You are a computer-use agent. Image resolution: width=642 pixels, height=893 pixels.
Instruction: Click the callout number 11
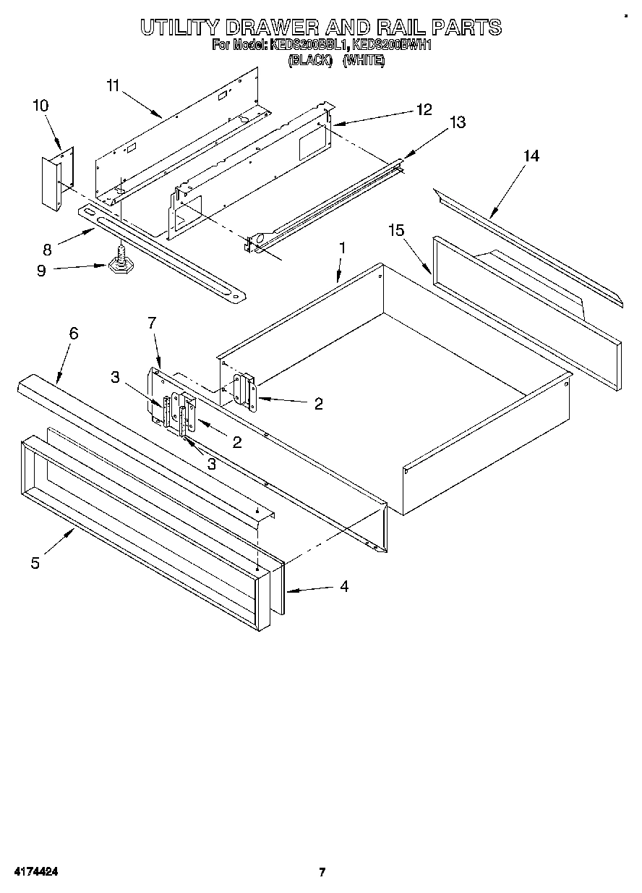(112, 85)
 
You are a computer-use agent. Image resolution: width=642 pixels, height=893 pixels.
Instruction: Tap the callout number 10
(40, 106)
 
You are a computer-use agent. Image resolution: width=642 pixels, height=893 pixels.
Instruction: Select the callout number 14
(531, 156)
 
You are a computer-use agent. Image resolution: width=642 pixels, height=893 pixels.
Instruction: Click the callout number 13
(458, 123)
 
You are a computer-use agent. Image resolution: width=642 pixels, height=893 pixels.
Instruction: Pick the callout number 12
(423, 109)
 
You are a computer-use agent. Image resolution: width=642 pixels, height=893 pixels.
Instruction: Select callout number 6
(73, 334)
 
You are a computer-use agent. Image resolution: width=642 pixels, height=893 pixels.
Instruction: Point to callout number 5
(35, 562)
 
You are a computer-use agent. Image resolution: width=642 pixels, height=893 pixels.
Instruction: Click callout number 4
(344, 587)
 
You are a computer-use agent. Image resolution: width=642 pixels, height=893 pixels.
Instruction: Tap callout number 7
(152, 323)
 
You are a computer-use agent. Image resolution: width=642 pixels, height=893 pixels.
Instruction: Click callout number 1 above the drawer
(342, 247)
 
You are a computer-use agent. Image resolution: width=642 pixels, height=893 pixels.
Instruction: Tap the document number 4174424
(33, 872)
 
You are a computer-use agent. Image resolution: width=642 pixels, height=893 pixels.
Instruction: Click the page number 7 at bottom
(322, 872)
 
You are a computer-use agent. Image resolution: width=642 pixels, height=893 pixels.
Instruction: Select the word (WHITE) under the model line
(364, 61)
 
